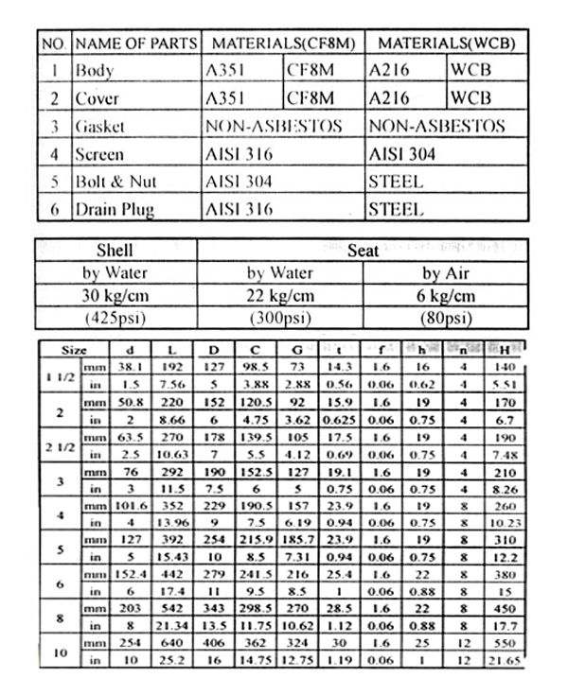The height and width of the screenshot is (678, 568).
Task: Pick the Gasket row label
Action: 99,126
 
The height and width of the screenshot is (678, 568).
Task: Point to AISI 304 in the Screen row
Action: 401,153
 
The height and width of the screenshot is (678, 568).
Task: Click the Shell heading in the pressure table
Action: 115,251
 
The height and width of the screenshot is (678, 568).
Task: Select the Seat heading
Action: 363,251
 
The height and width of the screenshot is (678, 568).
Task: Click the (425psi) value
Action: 115,315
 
